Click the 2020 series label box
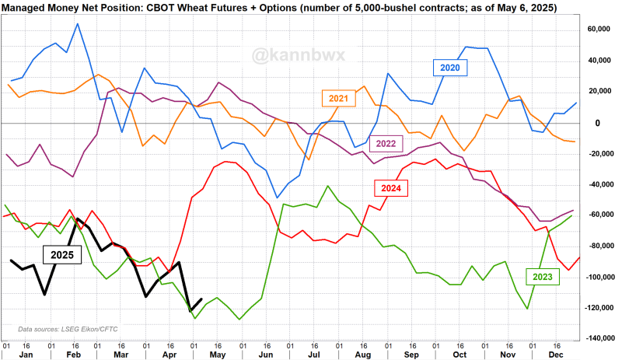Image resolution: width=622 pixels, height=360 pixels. click(450, 68)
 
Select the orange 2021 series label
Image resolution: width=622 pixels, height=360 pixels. click(338, 98)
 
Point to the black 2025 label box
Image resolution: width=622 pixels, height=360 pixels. click(59, 254)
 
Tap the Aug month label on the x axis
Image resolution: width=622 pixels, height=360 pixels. click(362, 353)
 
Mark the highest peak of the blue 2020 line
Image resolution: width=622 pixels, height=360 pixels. click(77, 23)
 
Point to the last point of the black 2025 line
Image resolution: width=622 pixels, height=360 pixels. click(202, 299)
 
